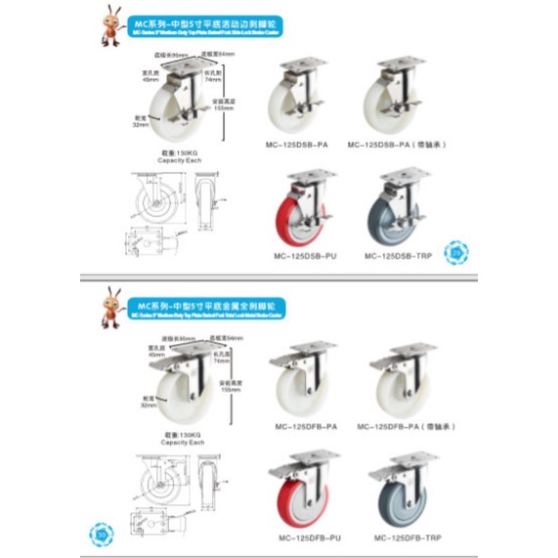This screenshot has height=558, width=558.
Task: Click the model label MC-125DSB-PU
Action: click(304, 256)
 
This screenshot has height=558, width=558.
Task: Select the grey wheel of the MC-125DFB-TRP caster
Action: click(401, 498)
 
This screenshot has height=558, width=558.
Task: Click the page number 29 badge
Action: click(455, 252)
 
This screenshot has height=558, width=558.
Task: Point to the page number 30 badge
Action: click(104, 535)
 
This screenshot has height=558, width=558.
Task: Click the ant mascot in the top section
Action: click(114, 27)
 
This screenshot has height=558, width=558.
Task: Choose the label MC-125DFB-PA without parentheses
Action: click(304, 426)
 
